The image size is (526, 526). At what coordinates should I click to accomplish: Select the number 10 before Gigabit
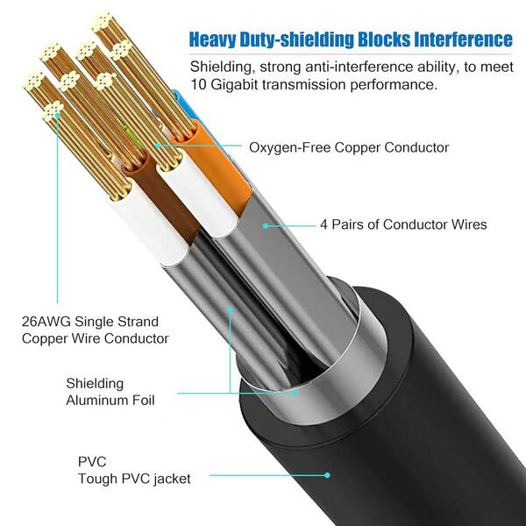pos(198,84)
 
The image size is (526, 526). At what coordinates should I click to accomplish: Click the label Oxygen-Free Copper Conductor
pos(349,147)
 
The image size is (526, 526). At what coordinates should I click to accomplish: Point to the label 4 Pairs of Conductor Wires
pos(403,224)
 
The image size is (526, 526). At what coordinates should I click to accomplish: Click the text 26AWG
pos(46,322)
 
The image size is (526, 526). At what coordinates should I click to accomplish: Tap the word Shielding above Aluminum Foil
pos(95,383)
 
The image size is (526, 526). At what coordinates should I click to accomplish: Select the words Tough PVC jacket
pos(134,479)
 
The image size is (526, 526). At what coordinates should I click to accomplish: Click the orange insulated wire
pos(215,167)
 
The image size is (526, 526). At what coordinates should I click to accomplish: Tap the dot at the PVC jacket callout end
pos(327,475)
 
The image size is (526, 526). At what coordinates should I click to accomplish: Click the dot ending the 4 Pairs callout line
pos(266,226)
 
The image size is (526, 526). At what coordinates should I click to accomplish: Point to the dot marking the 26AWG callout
pos(57,116)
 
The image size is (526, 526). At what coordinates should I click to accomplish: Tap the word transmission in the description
pos(304,84)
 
